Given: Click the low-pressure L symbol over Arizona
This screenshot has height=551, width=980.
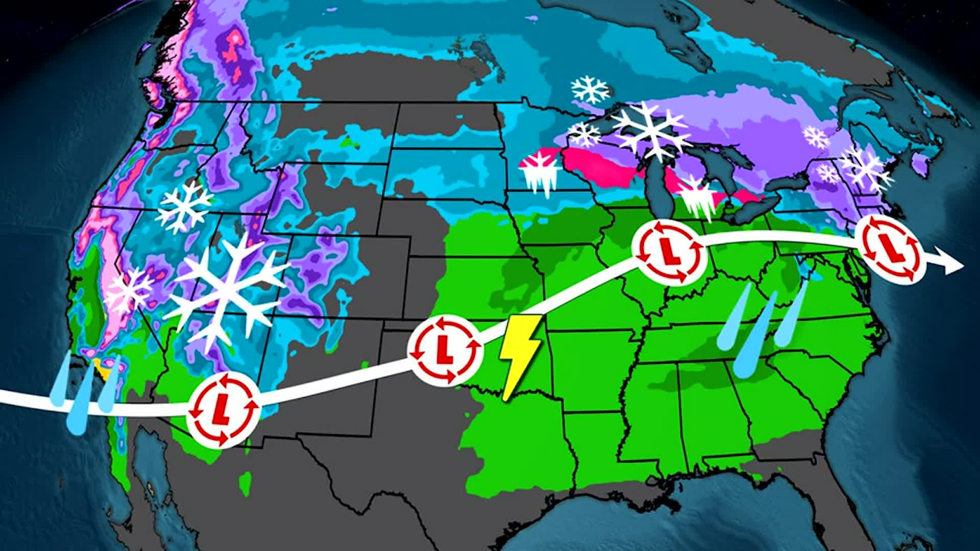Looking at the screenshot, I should coord(223,411).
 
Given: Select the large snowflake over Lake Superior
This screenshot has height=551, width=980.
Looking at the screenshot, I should coord(651,130).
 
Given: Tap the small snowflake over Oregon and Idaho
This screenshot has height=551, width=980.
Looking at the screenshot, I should coord(184,207).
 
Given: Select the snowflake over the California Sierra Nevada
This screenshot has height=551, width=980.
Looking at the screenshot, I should coord(128,291).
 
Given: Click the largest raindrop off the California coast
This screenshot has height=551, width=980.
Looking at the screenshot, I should coord(79,400).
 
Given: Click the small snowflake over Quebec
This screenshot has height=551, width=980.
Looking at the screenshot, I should coord(816,137).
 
